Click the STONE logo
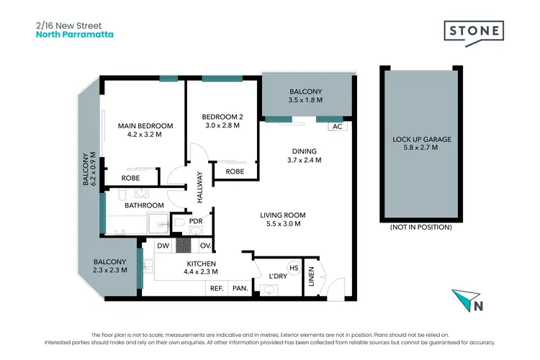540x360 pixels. pyautogui.click(x=473, y=32)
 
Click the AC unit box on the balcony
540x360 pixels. pyautogui.click(x=336, y=127)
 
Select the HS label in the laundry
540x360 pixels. pyautogui.click(x=293, y=267)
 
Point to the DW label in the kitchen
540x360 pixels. pyautogui.click(x=162, y=246)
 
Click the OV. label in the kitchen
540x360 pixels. pyautogui.click(x=204, y=246)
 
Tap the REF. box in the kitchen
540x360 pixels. pyautogui.click(x=215, y=289)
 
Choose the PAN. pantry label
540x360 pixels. pyautogui.click(x=239, y=289)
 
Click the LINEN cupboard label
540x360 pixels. pyautogui.click(x=311, y=276)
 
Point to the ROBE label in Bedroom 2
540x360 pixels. pyautogui.click(x=234, y=172)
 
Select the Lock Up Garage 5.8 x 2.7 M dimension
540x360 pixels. pyautogui.click(x=415, y=148)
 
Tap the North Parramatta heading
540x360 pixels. pyautogui.click(x=74, y=34)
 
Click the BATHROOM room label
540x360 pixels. pyautogui.click(x=144, y=205)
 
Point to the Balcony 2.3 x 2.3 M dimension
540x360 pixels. pyautogui.click(x=109, y=271)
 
